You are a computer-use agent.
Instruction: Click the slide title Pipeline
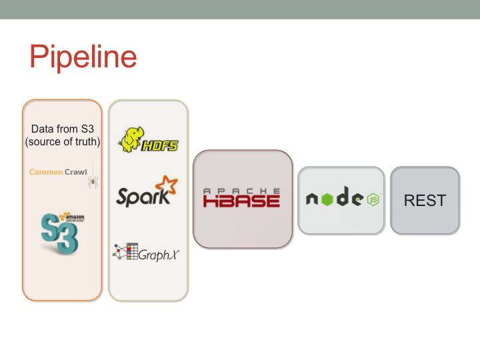pos(83,57)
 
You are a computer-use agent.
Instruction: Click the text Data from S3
pos(62,129)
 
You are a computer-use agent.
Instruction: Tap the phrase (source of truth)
pos(62,141)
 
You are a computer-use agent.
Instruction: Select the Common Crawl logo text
pos(58,172)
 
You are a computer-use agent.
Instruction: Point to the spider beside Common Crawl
pos(92,179)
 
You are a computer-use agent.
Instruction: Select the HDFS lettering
pos(160,145)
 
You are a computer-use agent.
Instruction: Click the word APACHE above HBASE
pos(241,191)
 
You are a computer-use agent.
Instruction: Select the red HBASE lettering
pos(241,200)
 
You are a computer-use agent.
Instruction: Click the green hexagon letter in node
pos(327,199)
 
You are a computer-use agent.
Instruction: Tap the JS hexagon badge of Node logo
pos(373,199)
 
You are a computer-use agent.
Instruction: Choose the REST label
pos(425,200)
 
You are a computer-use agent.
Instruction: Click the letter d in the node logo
pos(342,198)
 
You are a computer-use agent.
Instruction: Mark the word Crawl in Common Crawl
pos(76,172)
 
